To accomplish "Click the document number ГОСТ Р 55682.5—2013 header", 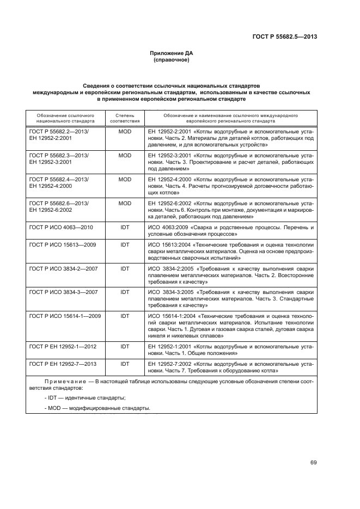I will point(291,37).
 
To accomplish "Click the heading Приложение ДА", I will point(172,53).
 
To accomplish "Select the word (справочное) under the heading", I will point(172,60).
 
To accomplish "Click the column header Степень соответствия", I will point(125,119).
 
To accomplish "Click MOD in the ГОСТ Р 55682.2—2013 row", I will point(125,132).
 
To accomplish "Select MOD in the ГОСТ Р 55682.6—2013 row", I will point(125,203).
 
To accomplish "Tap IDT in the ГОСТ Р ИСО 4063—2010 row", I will point(125,226).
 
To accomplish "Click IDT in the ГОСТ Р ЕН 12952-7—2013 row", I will point(125,363).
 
